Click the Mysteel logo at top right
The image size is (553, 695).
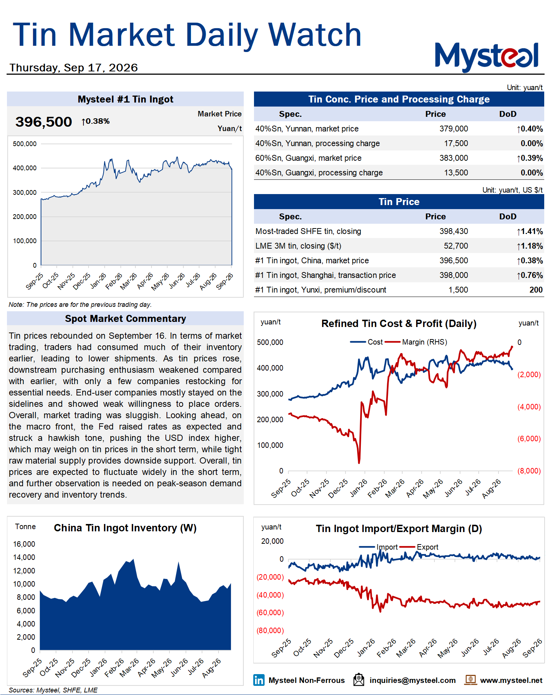click(x=486, y=57)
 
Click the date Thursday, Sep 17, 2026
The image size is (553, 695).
click(x=74, y=68)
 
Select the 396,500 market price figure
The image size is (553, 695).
click(x=44, y=122)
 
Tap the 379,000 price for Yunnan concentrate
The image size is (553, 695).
click(x=453, y=129)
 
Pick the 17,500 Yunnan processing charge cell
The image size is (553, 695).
click(x=456, y=144)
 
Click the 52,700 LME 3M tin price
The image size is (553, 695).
click(x=456, y=246)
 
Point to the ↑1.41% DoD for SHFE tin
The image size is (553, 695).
click(x=530, y=231)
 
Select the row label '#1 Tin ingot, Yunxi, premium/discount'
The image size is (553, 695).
click(x=321, y=290)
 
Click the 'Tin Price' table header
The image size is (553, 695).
click(x=399, y=202)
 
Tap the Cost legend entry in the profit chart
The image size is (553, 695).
click(x=366, y=342)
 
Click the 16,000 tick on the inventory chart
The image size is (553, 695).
click(x=24, y=544)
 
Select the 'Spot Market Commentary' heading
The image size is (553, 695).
click(x=126, y=319)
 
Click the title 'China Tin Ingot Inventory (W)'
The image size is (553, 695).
click(x=125, y=528)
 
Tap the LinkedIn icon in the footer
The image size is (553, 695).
click(x=259, y=680)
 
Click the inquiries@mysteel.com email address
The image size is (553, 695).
click(x=413, y=680)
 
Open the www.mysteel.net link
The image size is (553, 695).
click(x=511, y=680)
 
